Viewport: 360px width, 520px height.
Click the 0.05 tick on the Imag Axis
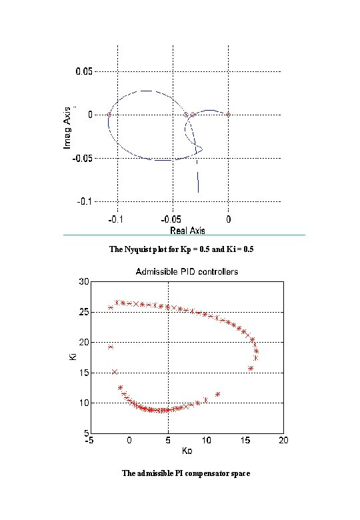pos(84,71)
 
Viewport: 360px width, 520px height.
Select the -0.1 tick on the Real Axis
pos(117,218)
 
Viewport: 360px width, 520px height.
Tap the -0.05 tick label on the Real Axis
pos(172,218)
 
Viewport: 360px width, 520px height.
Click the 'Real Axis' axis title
pos(187,230)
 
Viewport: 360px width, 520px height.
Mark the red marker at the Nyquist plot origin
pos(228,115)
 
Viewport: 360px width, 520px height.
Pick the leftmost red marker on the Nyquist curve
pos(109,115)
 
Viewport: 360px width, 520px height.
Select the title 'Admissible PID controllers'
pos(187,271)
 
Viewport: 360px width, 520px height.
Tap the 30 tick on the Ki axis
pos(83,282)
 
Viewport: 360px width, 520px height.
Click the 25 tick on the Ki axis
pos(83,312)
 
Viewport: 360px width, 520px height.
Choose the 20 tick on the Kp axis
pos(283,441)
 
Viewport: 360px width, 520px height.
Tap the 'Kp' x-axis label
pos(187,451)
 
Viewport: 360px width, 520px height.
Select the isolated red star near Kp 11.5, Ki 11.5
pos(217,394)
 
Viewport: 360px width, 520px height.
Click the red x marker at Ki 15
pos(115,372)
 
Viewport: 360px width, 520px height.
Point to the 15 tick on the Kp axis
pos(245,441)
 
